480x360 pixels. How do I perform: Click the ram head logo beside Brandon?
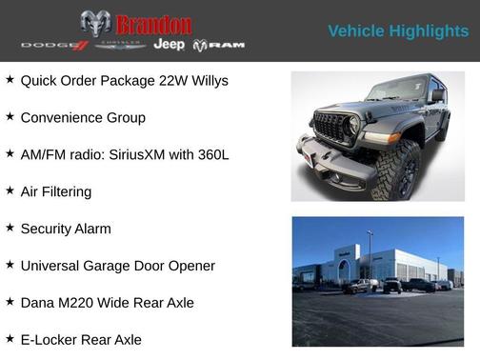95,23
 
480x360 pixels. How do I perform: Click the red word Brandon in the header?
153,24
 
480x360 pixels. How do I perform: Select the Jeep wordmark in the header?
170,45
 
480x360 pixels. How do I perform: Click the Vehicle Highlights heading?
398,30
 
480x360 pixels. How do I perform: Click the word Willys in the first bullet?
206,81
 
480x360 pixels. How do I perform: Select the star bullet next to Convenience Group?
10,117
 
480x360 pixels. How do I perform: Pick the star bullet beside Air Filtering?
10,190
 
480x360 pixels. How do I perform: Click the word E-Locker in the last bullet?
50,340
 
